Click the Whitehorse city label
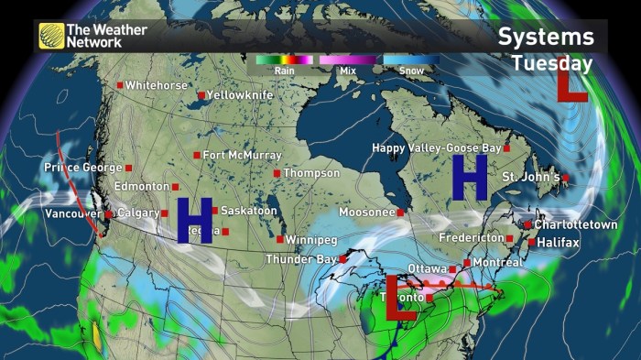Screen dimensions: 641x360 click(x=156, y=85)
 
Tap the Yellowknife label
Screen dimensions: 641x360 click(x=237, y=94)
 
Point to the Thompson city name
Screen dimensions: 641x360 click(x=310, y=172)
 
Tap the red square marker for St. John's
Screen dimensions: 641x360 click(x=565, y=178)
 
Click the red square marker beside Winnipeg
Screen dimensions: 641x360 click(x=280, y=240)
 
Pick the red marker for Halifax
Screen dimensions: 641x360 click(x=533, y=243)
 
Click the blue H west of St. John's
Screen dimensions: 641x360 click(x=469, y=177)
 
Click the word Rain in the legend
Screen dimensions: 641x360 click(x=284, y=70)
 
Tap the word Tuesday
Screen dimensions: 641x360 click(x=551, y=63)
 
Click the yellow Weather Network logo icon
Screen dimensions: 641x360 click(x=51, y=36)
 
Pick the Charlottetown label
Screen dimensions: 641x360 click(x=577, y=224)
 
